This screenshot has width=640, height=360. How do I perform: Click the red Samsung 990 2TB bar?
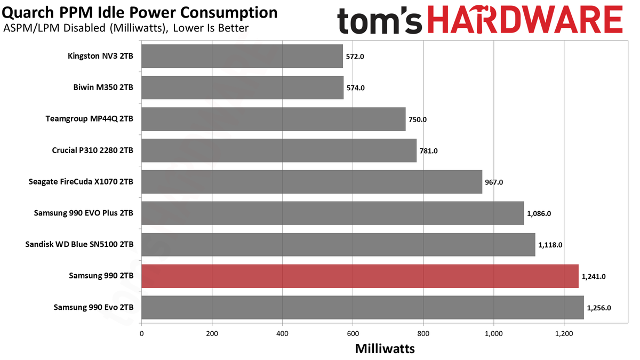360,276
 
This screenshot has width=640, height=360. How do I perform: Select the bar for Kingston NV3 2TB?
242,56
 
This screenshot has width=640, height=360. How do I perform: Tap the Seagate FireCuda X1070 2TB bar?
312,182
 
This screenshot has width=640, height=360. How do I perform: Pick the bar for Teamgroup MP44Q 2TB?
274,119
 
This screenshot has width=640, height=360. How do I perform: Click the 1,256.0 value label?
599,308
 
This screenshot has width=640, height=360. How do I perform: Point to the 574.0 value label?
355,87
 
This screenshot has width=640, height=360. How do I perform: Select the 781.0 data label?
428,150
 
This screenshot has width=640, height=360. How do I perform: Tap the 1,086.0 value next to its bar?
539,213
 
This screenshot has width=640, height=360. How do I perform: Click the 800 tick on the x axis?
423,334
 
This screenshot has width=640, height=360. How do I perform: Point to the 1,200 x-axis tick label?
564,334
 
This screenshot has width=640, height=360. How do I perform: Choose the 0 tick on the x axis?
142,334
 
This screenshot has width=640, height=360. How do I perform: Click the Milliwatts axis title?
385,349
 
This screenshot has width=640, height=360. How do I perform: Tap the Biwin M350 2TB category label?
103,87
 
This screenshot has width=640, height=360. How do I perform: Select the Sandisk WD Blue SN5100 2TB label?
79,244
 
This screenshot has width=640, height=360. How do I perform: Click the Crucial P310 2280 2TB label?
92,150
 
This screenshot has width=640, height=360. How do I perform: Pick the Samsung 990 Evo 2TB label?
93,307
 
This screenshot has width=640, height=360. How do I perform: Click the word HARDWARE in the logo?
525,20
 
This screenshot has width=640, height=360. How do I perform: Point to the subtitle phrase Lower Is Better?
211,28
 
